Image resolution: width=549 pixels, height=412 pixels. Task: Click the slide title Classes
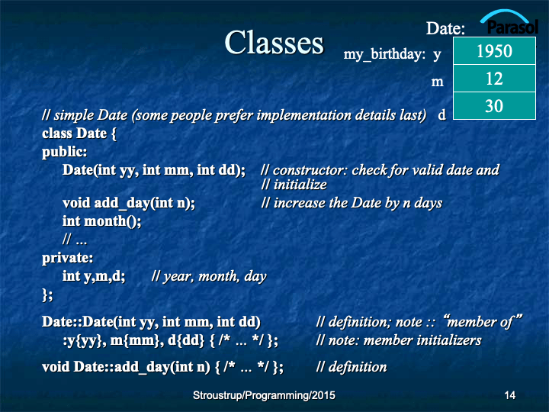(274, 43)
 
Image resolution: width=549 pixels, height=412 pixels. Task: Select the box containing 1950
(494, 51)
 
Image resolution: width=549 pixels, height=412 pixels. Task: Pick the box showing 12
(494, 79)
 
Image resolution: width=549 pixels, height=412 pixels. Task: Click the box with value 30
(494, 106)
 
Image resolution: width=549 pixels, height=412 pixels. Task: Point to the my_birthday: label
(384, 54)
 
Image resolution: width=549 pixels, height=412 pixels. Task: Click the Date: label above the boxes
(445, 28)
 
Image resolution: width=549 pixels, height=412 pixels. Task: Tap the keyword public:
(64, 152)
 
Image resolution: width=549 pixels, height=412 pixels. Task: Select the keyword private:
(68, 258)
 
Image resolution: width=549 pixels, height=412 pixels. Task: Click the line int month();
(102, 221)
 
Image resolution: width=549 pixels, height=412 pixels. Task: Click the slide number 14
(510, 395)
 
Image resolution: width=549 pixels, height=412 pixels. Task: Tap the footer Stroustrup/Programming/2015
(264, 395)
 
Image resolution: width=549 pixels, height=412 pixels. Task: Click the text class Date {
(79, 134)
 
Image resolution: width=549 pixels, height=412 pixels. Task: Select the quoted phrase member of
(483, 322)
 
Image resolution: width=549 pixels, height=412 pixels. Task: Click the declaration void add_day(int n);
(129, 203)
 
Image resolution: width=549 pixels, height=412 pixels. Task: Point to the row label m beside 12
(438, 82)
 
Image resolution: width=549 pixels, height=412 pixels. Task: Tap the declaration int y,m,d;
(94, 276)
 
